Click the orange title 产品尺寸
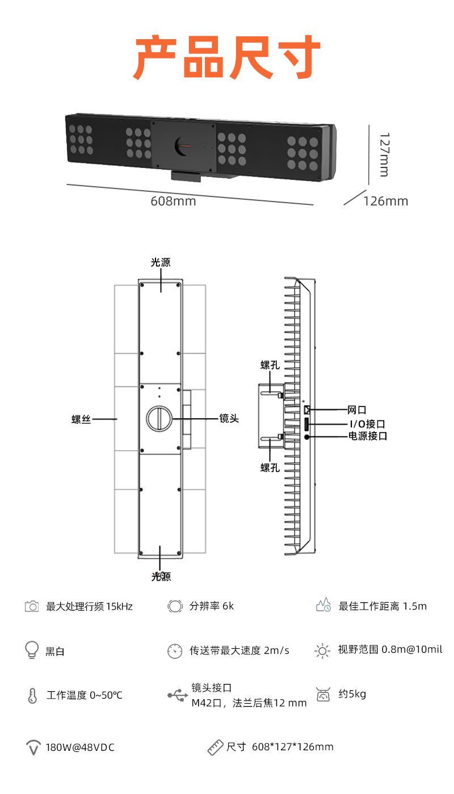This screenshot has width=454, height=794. [227, 58]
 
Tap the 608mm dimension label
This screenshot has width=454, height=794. [173, 201]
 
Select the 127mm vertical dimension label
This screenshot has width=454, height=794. [384, 154]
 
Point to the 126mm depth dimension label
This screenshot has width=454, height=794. [385, 201]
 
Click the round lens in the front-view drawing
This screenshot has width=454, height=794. [159, 418]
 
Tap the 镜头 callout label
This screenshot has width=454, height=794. [229, 418]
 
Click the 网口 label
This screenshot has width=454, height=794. [357, 410]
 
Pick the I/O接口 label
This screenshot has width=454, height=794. [367, 423]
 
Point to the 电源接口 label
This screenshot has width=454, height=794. [368, 436]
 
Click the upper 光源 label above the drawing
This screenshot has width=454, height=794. [161, 262]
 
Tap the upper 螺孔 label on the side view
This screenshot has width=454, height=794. [270, 365]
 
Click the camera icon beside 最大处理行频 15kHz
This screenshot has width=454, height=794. [32, 606]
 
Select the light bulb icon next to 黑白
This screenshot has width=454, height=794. [32, 650]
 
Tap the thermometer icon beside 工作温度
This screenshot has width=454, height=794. [32, 695]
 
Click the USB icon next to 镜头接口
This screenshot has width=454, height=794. [178, 695]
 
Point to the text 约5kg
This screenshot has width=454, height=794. [352, 694]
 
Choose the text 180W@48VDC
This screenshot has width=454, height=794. [80, 747]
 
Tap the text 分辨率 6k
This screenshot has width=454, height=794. [211, 606]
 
